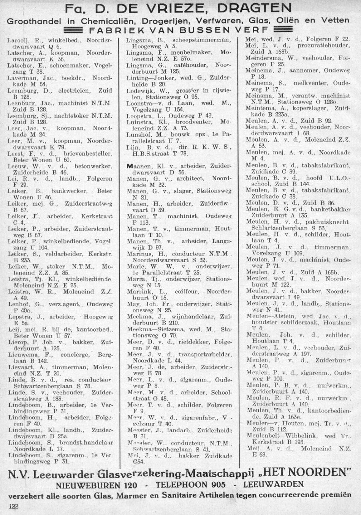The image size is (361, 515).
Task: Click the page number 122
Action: click(x=13, y=506)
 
